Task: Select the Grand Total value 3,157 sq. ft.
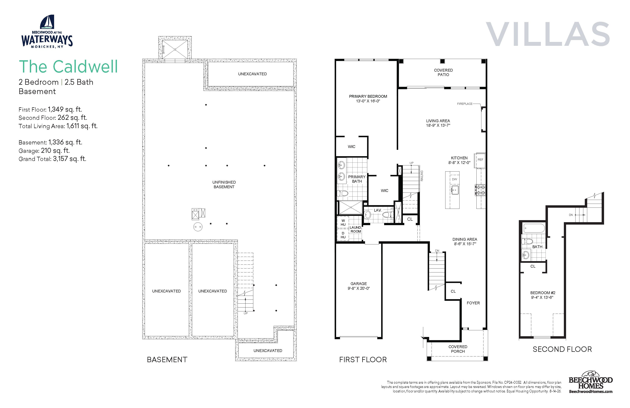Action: click(x=70, y=159)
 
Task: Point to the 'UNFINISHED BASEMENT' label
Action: click(x=224, y=184)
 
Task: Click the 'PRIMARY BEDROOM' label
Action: click(x=368, y=96)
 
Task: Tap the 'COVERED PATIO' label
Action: click(x=443, y=72)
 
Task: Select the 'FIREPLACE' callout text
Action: click(x=465, y=104)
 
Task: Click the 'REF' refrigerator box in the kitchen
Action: click(x=480, y=160)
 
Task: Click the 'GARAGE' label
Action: click(x=359, y=284)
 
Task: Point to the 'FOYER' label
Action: click(x=473, y=303)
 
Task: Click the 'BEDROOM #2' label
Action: click(x=543, y=293)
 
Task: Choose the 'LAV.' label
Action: click(x=378, y=210)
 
